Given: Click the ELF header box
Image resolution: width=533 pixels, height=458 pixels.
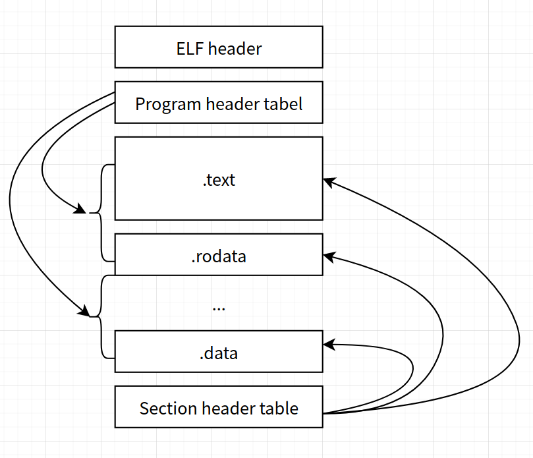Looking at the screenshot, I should pos(219,47).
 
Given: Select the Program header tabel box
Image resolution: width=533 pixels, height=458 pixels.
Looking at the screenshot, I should pos(219,103).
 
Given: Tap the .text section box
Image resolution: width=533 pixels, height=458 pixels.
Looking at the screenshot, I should pos(219,179).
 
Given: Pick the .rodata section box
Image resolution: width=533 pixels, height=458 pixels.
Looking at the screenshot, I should pos(219,255).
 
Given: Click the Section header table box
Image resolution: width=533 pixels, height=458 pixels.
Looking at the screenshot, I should pos(219,407).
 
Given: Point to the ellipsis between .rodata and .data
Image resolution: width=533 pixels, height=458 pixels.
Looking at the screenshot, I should pos(219,307).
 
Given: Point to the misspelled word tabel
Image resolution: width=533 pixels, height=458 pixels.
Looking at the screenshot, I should pos(285,103).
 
